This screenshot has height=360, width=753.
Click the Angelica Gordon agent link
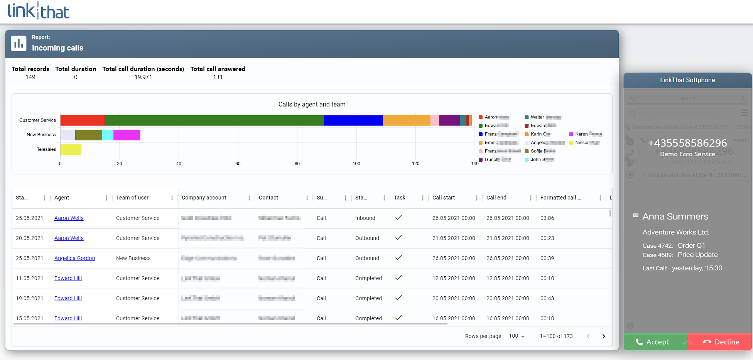click(74, 258)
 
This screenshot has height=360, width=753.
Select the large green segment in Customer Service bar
click(214, 120)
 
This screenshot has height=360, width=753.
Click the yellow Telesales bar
click(71, 149)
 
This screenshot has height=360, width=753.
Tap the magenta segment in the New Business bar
click(127, 135)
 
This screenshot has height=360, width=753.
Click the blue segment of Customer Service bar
click(353, 120)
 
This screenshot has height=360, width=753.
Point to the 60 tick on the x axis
click(238, 164)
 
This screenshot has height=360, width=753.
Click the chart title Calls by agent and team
click(312, 104)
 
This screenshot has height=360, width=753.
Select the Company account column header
click(204, 198)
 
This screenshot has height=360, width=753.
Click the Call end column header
click(496, 198)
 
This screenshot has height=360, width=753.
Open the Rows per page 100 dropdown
click(517, 336)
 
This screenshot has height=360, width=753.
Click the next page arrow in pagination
click(603, 336)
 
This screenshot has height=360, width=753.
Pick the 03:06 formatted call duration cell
click(547, 218)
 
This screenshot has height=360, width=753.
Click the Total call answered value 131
click(218, 77)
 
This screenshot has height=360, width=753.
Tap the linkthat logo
click(39, 11)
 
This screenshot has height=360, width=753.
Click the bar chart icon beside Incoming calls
click(19, 44)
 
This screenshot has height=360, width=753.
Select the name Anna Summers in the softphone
click(675, 216)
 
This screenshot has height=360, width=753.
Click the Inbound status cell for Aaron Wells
click(365, 218)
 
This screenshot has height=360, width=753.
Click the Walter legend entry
click(537, 117)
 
